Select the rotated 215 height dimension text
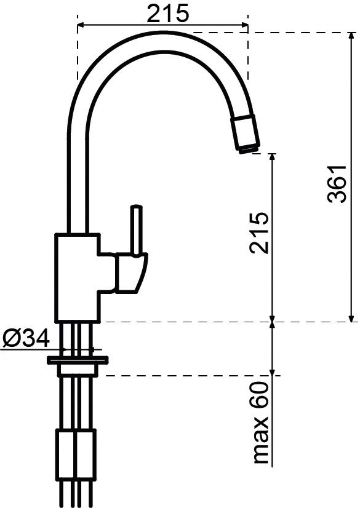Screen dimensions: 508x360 259,233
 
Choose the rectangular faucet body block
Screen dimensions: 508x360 77,277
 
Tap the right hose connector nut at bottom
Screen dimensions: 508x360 86,456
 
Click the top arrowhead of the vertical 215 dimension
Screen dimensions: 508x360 272,158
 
